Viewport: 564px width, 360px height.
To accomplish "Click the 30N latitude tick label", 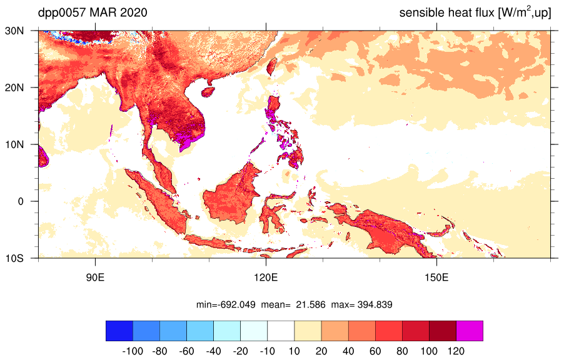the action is click(14, 31).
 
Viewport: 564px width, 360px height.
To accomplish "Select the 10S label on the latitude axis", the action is click(14, 258).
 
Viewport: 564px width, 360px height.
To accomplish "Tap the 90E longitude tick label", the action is click(95, 277).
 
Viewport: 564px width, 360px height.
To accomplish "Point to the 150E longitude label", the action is click(436, 277).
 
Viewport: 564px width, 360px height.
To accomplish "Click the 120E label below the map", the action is click(266, 277).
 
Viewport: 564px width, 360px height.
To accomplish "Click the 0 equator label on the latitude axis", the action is click(21, 201).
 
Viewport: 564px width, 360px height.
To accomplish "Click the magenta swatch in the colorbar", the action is click(470, 331).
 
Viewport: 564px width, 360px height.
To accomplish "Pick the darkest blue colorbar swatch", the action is click(119, 331).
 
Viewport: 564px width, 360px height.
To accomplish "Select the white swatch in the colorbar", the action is click(281, 331).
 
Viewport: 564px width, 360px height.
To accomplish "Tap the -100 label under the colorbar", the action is click(133, 351).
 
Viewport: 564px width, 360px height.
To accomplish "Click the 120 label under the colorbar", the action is click(456, 351).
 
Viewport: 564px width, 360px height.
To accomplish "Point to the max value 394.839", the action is click(375, 305).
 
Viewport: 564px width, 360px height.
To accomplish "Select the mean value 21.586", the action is click(310, 305).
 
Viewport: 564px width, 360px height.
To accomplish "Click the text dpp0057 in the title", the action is click(62, 13).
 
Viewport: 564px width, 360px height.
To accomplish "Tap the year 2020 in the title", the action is click(133, 12).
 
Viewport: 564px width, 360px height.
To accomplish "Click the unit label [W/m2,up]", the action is click(525, 12).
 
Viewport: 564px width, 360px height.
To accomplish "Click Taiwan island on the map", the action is click(272, 66).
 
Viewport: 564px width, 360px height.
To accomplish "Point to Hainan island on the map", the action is click(208, 92).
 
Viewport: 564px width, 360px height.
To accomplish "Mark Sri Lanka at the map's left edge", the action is click(43, 156).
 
